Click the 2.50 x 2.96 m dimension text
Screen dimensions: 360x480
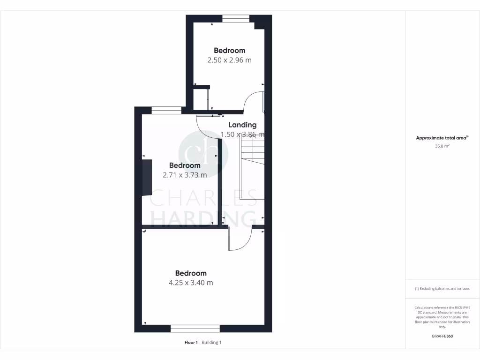point(230,60)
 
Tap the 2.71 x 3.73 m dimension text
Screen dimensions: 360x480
point(185,175)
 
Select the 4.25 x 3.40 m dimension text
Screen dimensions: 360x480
point(191,283)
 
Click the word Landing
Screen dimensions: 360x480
point(242,125)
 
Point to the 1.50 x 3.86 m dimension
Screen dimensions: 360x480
point(242,135)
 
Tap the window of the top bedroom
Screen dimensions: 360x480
point(236,19)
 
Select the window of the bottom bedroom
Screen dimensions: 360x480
point(195,329)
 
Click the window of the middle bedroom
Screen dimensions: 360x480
point(166,111)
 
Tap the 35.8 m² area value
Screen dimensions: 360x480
point(442,146)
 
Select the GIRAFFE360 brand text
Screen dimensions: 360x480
point(442,336)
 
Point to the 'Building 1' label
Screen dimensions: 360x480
point(211,343)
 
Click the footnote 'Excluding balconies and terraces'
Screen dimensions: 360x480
point(442,289)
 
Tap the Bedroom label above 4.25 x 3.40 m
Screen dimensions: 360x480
point(191,273)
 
